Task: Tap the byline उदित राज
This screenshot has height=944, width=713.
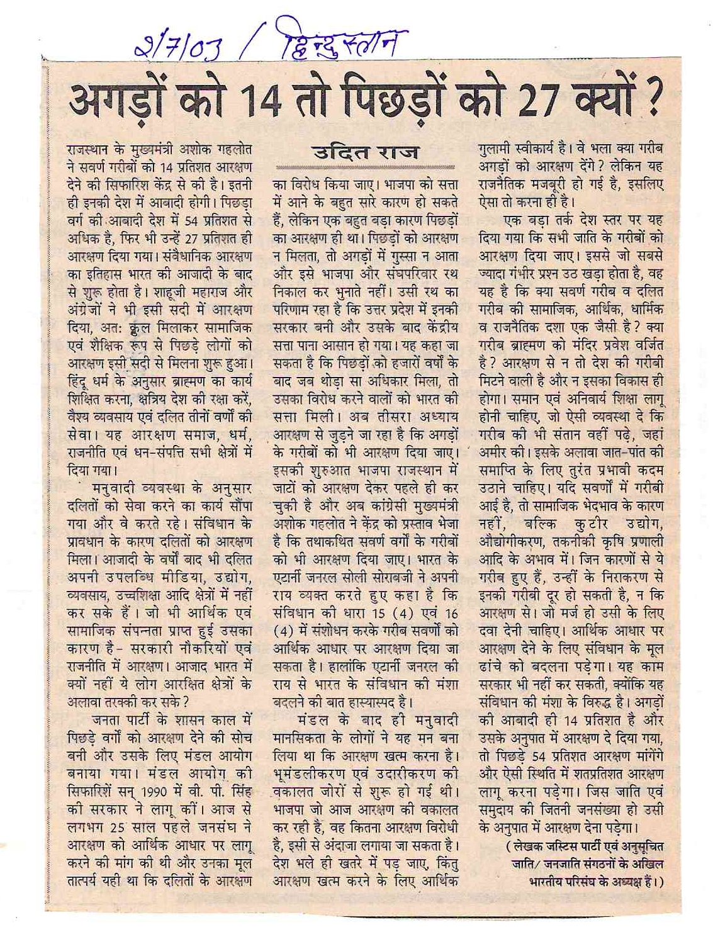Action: click(x=366, y=152)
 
